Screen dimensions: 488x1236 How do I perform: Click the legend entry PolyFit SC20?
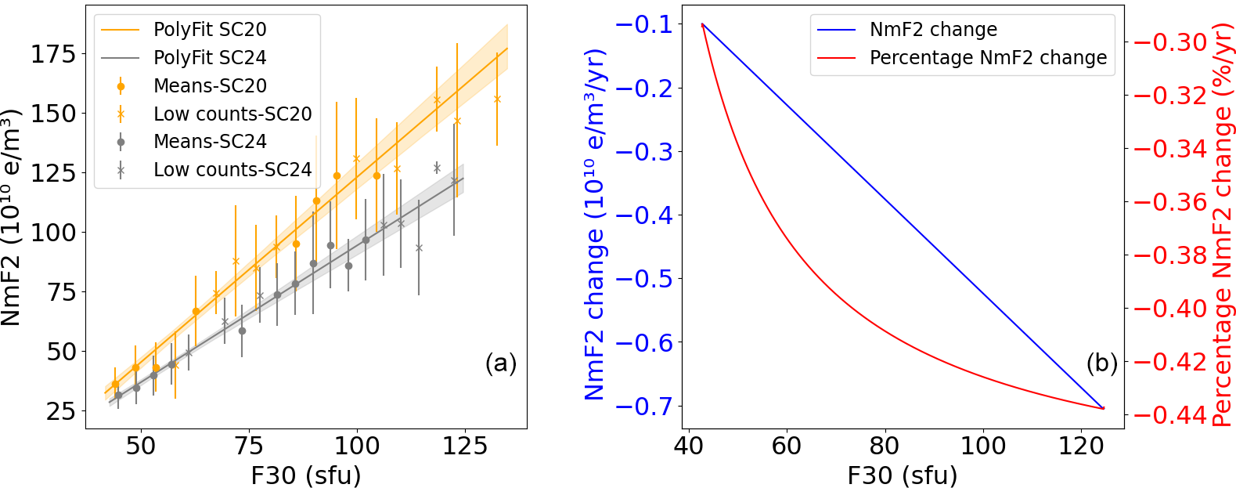[x=210, y=30]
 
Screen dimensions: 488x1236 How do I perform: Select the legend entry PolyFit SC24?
[x=210, y=58]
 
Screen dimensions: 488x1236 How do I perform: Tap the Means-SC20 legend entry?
[x=210, y=86]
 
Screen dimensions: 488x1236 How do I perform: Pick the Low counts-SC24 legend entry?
[x=232, y=170]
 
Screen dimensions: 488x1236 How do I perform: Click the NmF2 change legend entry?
[x=933, y=30]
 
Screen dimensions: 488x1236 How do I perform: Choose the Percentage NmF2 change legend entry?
[x=988, y=58]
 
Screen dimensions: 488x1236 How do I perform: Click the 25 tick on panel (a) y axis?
[x=62, y=411]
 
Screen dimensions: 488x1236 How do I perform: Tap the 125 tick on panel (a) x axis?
[x=465, y=446]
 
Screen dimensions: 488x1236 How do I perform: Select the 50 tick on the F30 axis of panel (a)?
[x=141, y=446]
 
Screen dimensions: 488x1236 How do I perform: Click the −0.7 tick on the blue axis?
[x=643, y=407]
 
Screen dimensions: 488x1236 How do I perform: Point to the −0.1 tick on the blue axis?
[x=643, y=25]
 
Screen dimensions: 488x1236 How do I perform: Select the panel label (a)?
[x=501, y=363]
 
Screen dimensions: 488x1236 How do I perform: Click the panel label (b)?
[x=1101, y=363]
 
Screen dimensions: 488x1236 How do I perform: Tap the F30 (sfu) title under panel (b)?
[x=902, y=475]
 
